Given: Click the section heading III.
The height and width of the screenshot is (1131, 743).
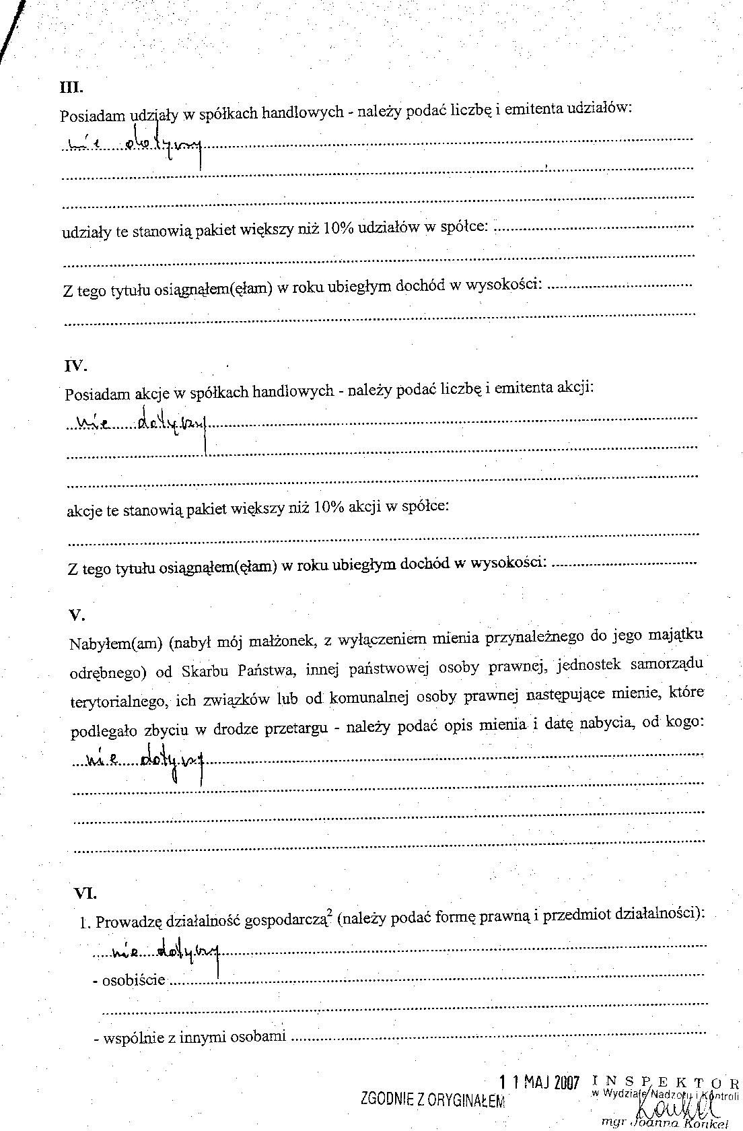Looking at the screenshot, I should tap(71, 87).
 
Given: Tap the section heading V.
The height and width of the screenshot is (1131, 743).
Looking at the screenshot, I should tap(76, 614).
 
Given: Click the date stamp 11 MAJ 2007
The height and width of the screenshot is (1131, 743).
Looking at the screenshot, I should tap(539, 1083).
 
